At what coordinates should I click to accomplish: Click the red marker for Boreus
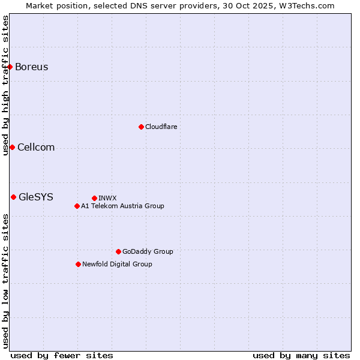(x=10, y=67)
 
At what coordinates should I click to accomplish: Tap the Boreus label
(x=31, y=67)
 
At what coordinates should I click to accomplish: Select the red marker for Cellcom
(x=12, y=148)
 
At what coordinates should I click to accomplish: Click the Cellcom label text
(x=36, y=148)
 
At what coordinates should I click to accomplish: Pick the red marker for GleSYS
(x=13, y=197)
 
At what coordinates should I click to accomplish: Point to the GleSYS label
(x=36, y=197)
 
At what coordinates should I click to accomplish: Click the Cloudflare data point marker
(x=141, y=127)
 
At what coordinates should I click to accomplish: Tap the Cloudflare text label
(x=161, y=127)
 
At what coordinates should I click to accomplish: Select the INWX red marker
(x=94, y=198)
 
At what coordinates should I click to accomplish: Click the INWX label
(x=107, y=198)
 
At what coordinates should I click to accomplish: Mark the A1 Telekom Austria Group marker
(x=77, y=206)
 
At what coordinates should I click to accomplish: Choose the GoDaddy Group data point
(x=118, y=251)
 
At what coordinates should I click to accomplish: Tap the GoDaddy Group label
(x=148, y=251)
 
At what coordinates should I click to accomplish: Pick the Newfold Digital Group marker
(x=78, y=264)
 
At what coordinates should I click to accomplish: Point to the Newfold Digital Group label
(x=117, y=264)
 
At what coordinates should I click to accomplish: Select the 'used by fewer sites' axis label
(x=62, y=355)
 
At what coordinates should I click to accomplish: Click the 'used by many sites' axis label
(x=301, y=355)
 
